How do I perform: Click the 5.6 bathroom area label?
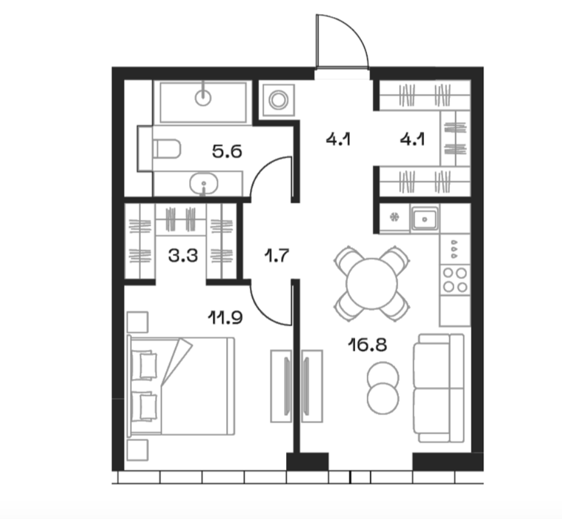click(227, 151)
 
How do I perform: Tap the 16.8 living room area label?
click(368, 346)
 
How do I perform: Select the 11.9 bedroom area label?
click(225, 317)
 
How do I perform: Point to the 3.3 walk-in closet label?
click(183, 256)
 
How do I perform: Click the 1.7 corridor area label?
click(276, 256)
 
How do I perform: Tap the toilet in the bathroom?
click(167, 149)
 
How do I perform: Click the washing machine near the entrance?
click(279, 100)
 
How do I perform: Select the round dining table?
click(371, 283)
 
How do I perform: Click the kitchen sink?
click(425, 219)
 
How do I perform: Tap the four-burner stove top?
click(455, 280)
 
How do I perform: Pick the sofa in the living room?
click(439, 389)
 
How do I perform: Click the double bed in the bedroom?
click(181, 386)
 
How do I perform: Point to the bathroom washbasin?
click(204, 183)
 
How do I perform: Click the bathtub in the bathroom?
click(203, 102)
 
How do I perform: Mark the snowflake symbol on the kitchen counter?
click(394, 216)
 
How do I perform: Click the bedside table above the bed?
click(138, 323)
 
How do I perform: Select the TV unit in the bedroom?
click(281, 386)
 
